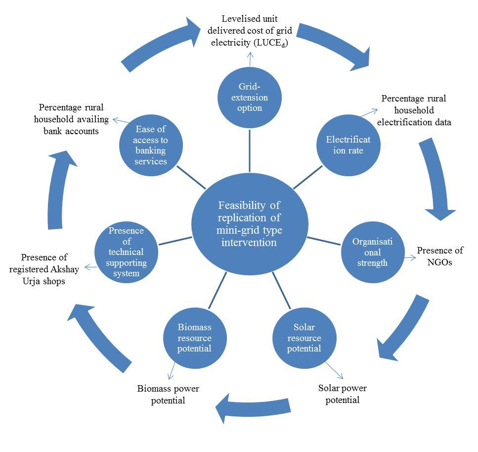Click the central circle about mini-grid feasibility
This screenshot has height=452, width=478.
point(250,224)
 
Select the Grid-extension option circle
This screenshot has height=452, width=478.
point(250,98)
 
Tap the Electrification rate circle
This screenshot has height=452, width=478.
point(348,145)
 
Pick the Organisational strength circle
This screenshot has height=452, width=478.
point(373,252)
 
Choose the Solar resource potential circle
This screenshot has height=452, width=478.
point(304,338)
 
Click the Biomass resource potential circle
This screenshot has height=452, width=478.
point(195,338)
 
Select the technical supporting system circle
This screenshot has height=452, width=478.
point(126,252)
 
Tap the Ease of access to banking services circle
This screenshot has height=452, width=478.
point(151,145)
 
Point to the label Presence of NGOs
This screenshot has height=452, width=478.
point(440,256)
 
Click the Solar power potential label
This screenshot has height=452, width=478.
point(343,394)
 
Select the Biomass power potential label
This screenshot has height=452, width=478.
point(168,394)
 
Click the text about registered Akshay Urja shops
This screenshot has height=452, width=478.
point(44,269)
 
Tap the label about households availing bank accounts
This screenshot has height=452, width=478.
point(71,119)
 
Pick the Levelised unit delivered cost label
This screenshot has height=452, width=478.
point(250,31)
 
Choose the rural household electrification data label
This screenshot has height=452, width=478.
point(414,110)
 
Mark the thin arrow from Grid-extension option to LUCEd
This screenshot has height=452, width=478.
point(250,59)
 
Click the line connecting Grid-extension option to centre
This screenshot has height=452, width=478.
point(250,151)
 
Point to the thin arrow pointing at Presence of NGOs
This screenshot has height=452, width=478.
point(410,258)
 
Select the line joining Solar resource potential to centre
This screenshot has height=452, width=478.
point(282,291)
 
